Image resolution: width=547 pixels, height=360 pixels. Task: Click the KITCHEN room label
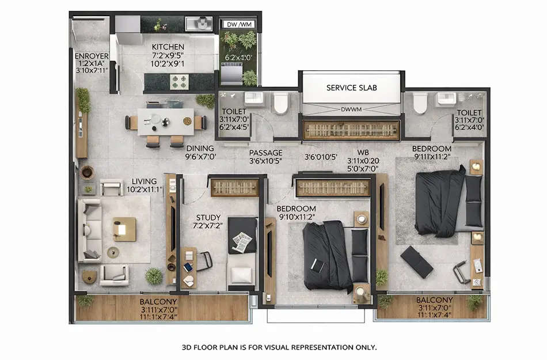pyautogui.click(x=168, y=47)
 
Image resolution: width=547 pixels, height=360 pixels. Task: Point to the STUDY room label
pyautogui.click(x=208, y=218)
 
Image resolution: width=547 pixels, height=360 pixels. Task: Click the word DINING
pyautogui.click(x=199, y=147)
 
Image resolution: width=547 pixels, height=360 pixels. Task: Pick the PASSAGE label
pyautogui.click(x=265, y=153)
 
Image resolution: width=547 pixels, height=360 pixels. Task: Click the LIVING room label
pyautogui.click(x=144, y=181)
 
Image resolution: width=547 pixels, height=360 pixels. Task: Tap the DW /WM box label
pyautogui.click(x=238, y=25)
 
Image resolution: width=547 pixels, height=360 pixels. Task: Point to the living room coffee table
pyautogui.click(x=124, y=229)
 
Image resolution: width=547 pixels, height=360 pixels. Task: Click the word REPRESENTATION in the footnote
pyautogui.click(x=305, y=347)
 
